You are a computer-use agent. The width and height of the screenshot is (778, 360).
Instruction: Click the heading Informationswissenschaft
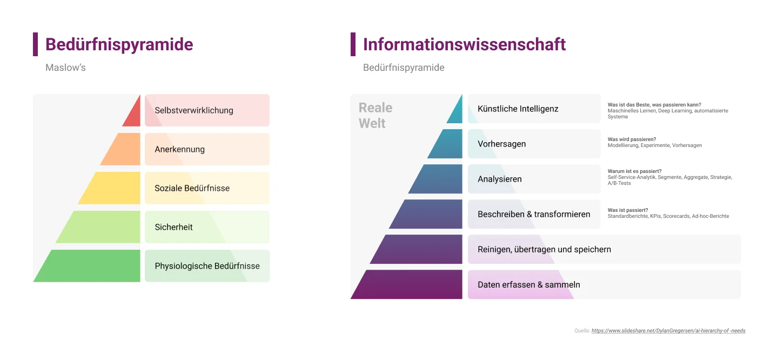[464, 44]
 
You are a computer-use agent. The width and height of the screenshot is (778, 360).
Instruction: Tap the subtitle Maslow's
[65, 68]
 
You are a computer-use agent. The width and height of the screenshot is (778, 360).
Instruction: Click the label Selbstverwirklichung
[194, 110]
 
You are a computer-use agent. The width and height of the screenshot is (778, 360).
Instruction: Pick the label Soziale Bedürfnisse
[192, 188]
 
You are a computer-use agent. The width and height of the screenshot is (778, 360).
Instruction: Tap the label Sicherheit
[173, 227]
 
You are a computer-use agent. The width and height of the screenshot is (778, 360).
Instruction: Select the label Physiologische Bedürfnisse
[207, 266]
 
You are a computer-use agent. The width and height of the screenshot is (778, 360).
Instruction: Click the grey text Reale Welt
[375, 115]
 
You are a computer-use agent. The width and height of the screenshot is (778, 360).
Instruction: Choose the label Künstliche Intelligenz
[518, 109]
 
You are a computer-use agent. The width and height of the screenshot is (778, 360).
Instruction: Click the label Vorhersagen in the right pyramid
[501, 144]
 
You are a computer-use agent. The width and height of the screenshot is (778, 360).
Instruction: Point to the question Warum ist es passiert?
[634, 171]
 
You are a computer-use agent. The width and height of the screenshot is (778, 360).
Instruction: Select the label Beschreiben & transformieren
[534, 214]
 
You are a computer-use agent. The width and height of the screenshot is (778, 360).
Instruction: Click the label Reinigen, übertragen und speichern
[544, 250]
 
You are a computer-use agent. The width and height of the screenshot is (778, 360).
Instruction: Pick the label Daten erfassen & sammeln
[528, 284]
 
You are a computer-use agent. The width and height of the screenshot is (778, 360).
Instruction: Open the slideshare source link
[668, 331]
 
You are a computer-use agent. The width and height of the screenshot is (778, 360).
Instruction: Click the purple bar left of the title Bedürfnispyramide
[36, 44]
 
